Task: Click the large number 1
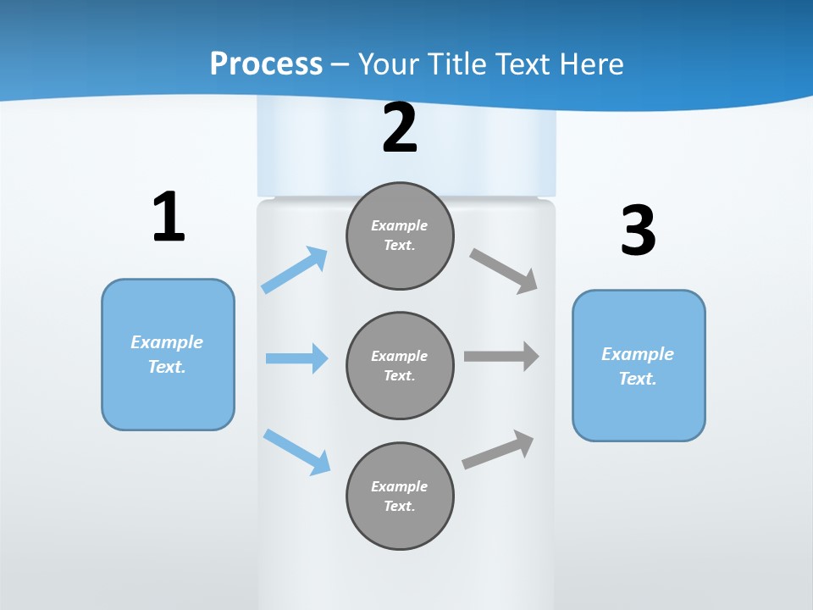(169, 217)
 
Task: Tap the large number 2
(400, 128)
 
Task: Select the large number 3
(638, 230)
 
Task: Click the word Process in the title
(266, 64)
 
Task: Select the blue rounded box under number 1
(168, 354)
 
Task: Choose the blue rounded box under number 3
(639, 365)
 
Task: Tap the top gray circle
(400, 236)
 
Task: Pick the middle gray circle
(400, 365)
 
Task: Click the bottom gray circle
(400, 496)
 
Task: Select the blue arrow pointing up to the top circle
(295, 269)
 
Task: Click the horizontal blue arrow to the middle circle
(296, 358)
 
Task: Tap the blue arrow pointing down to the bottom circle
(296, 452)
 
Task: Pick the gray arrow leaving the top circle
(504, 270)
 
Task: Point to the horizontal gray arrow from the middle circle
(501, 357)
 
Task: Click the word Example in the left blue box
(167, 342)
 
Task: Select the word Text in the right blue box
(636, 379)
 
